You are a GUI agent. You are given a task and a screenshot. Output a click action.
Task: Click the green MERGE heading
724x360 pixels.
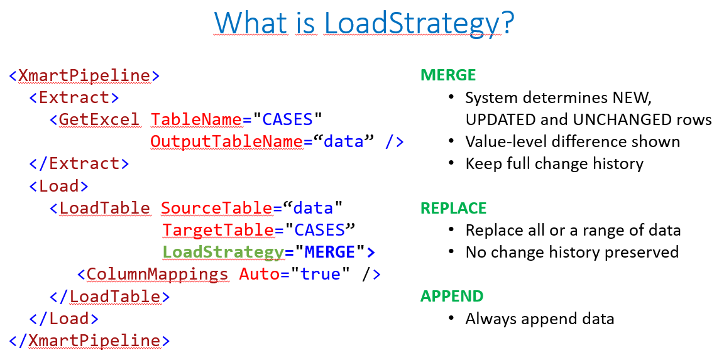tap(448, 75)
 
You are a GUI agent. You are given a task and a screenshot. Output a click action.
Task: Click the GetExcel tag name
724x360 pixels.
tap(99, 119)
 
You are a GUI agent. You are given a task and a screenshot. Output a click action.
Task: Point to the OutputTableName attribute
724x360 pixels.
tap(226, 142)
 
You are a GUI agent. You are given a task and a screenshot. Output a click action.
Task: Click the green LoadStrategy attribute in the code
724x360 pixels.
tap(223, 252)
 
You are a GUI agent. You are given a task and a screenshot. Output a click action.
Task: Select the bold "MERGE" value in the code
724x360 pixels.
tap(330, 252)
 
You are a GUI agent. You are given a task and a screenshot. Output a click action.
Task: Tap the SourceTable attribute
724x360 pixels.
tap(217, 208)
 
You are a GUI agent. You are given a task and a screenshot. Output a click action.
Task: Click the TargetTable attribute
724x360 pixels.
tap(217, 231)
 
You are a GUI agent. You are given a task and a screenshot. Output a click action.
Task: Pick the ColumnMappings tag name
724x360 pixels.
tap(157, 274)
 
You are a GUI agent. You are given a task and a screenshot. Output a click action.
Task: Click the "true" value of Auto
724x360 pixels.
tap(320, 274)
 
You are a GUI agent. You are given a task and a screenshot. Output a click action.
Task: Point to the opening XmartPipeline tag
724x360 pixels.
tap(84, 75)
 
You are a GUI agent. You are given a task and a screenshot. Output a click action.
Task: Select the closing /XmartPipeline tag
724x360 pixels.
tap(89, 341)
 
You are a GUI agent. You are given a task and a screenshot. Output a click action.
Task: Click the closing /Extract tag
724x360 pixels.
tap(79, 164)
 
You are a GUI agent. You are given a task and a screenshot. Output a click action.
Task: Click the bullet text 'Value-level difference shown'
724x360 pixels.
tap(573, 142)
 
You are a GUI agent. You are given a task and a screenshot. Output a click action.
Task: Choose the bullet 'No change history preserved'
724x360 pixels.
tap(572, 252)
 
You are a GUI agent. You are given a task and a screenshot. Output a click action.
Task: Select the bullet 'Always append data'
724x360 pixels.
tap(540, 319)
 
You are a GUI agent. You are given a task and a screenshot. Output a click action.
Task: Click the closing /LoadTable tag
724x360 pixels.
tap(109, 297)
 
